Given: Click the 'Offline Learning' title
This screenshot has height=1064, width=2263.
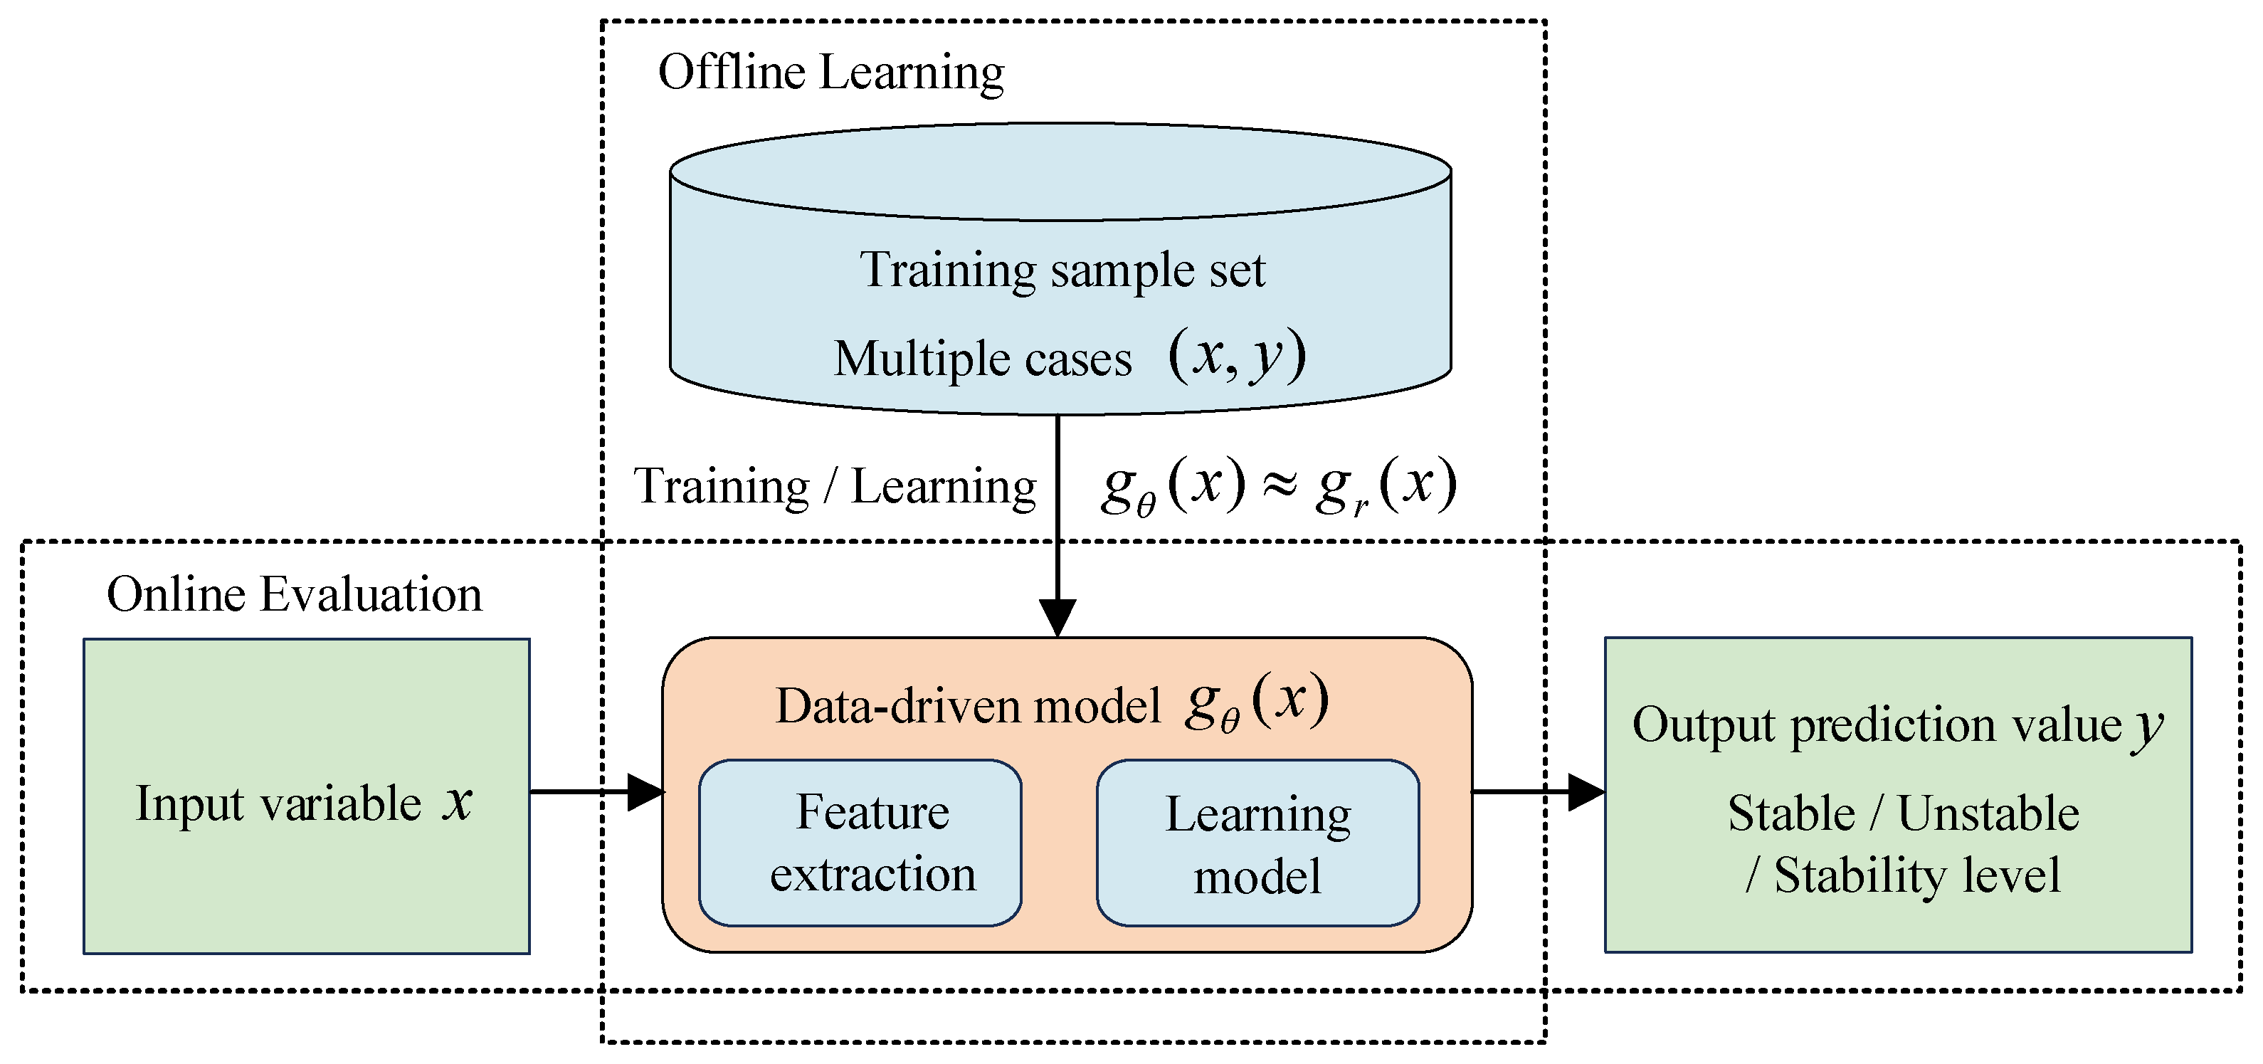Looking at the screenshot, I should (830, 73).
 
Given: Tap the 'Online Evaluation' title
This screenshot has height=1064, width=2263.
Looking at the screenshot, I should (295, 595).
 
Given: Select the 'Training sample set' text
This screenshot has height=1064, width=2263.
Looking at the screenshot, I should (1062, 270).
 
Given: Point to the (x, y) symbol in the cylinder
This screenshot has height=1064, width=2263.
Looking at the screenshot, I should (1237, 356).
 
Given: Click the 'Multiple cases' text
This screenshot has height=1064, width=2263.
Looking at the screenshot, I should (982, 359).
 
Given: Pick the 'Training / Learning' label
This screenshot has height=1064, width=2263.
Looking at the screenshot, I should (835, 487).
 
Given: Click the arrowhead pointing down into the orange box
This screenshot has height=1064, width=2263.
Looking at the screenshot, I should (1057, 617).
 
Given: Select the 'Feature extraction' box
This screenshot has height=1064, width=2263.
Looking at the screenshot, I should (860, 843).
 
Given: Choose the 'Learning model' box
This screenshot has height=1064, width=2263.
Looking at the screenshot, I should (1257, 843).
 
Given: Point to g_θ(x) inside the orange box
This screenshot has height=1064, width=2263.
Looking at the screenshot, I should (1256, 703).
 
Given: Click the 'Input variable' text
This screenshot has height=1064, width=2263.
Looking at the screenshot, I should (278, 805).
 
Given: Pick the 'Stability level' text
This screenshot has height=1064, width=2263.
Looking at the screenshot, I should (1916, 876).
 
